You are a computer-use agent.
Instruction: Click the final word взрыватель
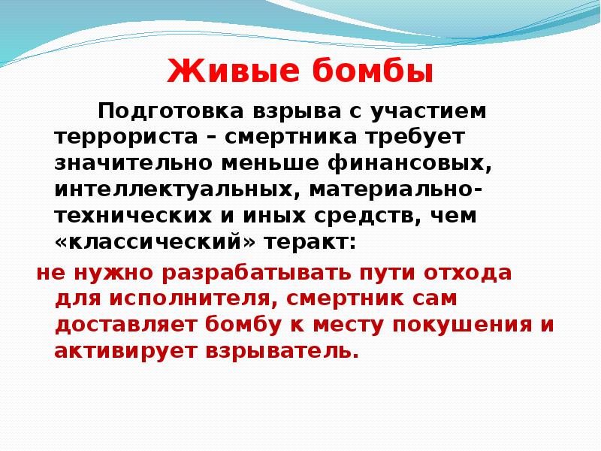(x=276, y=350)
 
